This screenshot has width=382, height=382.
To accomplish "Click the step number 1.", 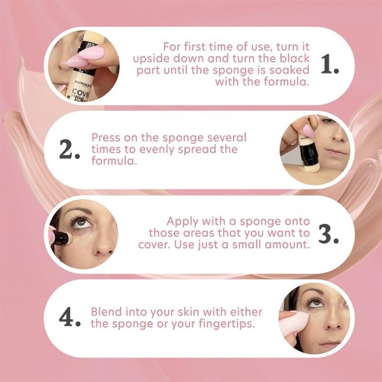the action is point(330,65).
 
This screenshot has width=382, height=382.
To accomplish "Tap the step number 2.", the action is point(70,150).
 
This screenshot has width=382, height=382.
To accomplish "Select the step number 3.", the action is point(329,234).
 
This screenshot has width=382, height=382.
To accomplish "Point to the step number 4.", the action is point(70,317).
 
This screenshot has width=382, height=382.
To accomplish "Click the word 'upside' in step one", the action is point(151,59).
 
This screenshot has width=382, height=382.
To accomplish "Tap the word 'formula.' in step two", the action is point(114,160).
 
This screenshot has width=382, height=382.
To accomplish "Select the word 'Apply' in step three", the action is point(183,222).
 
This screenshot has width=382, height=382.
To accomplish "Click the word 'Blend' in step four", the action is point(106,312).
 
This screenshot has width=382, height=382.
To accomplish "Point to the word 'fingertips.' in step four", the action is point(227,324).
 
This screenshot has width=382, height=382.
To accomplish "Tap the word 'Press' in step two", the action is point(105,138).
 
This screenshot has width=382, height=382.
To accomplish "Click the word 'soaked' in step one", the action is point(290,70).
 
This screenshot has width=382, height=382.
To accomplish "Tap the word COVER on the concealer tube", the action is point(79,92).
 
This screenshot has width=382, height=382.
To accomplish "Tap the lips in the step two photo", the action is point(337,151).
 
